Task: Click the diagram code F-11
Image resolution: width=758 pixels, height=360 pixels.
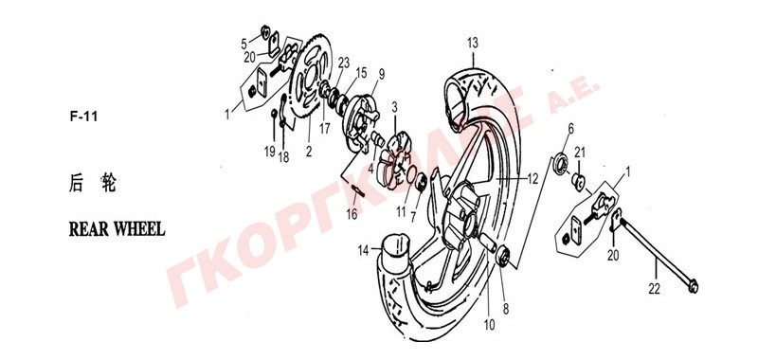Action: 83,117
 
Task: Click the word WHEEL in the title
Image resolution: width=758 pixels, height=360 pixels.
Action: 139,229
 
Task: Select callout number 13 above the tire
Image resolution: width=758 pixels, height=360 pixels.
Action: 472,43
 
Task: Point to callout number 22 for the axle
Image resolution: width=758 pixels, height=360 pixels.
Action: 654,289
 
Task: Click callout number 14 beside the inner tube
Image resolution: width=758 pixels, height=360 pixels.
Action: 364,250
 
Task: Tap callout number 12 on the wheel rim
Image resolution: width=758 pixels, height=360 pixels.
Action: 532,179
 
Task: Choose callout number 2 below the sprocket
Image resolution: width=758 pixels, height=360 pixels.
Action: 309,152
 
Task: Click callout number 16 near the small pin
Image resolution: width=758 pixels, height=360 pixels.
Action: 352,213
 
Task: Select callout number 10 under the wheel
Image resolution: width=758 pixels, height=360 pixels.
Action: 489,325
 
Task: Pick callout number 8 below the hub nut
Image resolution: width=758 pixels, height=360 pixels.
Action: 506,309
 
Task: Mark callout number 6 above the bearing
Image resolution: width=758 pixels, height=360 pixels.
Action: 571,129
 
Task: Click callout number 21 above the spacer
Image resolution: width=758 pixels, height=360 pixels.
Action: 580,153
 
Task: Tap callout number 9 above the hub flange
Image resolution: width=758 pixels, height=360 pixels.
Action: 382,75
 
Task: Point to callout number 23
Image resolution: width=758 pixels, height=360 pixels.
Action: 344,63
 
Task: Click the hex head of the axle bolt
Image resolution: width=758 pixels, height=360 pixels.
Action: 693,287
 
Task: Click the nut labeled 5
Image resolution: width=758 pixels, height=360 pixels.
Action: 265,32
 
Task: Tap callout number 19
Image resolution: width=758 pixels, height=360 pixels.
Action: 270,152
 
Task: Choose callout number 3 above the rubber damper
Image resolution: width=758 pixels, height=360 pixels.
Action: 394,107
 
